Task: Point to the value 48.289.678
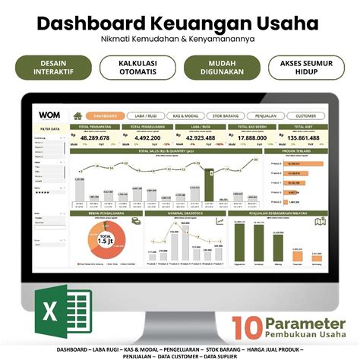click(94, 138)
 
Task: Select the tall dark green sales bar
click(208, 185)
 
